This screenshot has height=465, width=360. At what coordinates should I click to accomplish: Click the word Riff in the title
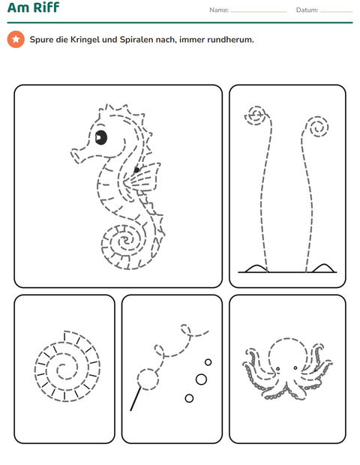pyautogui.click(x=46, y=7)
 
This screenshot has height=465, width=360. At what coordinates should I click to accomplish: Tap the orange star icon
pyautogui.click(x=16, y=39)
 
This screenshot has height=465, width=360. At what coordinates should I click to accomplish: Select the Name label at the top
pyautogui.click(x=219, y=10)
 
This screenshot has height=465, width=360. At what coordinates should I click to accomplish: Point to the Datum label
pyautogui.click(x=307, y=10)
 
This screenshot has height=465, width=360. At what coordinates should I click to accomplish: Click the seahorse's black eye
pyautogui.click(x=100, y=137)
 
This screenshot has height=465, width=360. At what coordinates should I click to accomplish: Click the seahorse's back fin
pyautogui.click(x=142, y=177)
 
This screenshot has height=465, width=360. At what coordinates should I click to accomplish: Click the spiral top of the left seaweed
pyautogui.click(x=256, y=115)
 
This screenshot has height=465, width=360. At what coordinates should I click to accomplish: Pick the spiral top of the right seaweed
pyautogui.click(x=318, y=127)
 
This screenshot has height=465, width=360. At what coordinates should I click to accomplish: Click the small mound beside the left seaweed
pyautogui.click(x=256, y=268)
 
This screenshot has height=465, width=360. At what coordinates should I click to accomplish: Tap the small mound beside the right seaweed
pyautogui.click(x=323, y=268)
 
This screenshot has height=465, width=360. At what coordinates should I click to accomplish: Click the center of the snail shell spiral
pyautogui.click(x=61, y=368)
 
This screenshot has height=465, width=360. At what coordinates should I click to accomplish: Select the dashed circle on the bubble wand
pyautogui.click(x=148, y=379)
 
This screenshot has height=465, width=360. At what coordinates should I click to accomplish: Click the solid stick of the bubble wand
pyautogui.click(x=136, y=398)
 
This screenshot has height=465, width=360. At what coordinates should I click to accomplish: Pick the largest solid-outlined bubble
pyautogui.click(x=201, y=379)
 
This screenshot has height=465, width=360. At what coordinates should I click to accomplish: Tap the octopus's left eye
pyautogui.click(x=277, y=369)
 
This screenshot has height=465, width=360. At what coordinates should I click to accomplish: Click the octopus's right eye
pyautogui.click(x=295, y=367)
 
